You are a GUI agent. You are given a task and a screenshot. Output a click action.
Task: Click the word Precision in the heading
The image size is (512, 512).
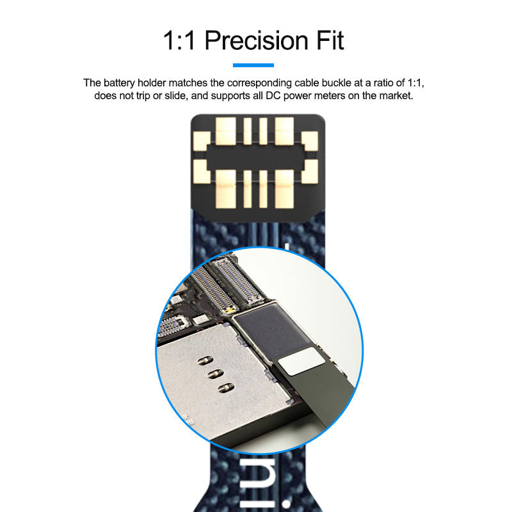pyautogui.click(x=257, y=40)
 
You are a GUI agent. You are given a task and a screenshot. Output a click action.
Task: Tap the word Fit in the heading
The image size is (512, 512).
pyautogui.click(x=330, y=40)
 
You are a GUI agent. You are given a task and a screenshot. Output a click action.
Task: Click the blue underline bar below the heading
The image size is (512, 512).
pyautogui.click(x=253, y=65)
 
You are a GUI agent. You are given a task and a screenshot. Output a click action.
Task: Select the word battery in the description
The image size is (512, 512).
pyautogui.click(x=119, y=83)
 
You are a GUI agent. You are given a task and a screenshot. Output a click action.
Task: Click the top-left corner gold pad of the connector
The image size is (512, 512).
pyautogui.click(x=202, y=141)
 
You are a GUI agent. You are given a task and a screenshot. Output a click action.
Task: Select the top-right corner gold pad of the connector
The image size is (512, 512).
pyautogui.click(x=310, y=141)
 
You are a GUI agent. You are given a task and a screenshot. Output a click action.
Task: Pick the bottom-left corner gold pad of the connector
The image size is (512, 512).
pyautogui.click(x=202, y=172)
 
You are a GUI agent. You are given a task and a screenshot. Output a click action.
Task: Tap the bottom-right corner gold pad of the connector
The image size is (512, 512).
pyautogui.click(x=310, y=172)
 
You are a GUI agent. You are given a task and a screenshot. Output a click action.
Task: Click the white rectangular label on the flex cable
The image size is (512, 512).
pyautogui.click(x=301, y=361)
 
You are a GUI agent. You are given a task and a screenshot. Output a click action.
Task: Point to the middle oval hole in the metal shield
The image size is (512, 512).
pyautogui.click(x=216, y=374)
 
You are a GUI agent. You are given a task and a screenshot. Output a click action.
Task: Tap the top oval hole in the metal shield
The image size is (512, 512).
pyautogui.click(x=205, y=360)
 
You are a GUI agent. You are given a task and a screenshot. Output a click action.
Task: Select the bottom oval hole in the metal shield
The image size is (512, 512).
pyautogui.click(x=227, y=388)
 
